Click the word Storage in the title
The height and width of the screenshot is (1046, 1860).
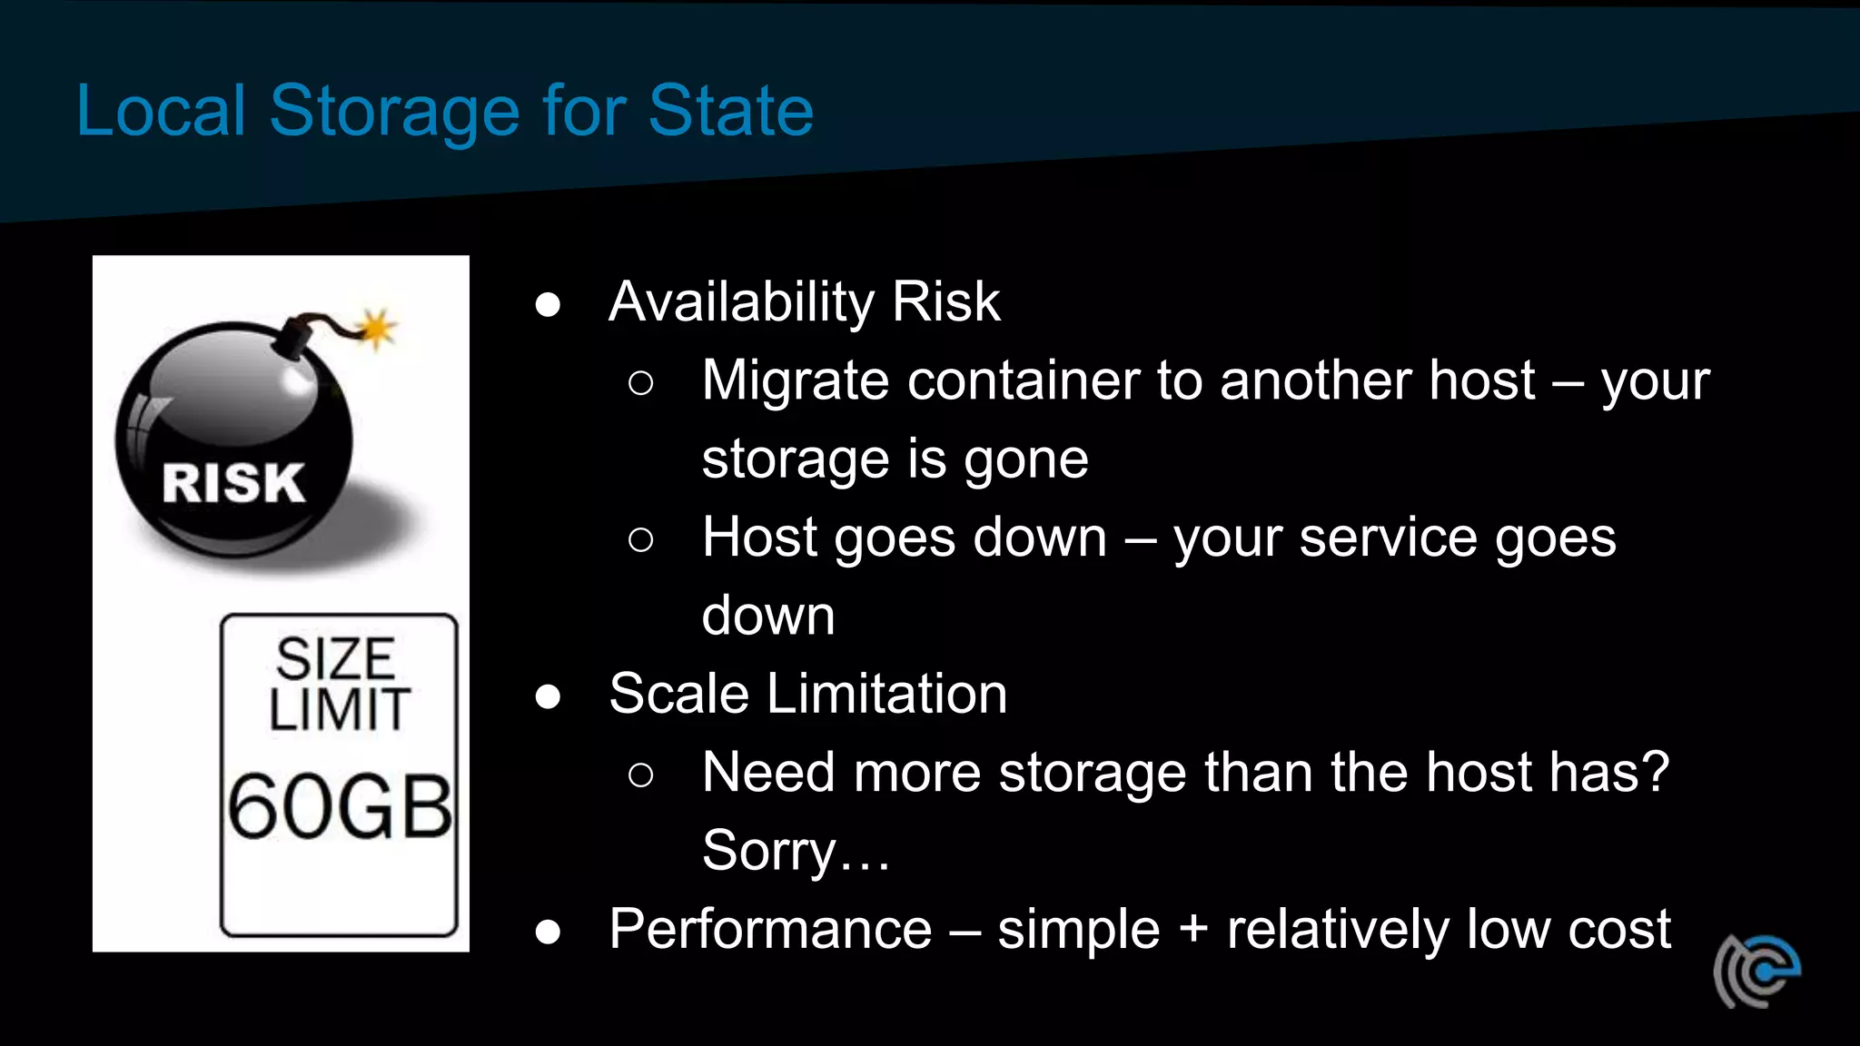coord(394,112)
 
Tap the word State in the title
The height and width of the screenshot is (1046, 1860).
coord(730,110)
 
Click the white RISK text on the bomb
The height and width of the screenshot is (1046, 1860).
coord(233,482)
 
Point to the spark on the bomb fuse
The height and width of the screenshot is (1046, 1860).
coord(376,327)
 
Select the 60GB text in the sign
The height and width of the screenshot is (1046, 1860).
coord(340,806)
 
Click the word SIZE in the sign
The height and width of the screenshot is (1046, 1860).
coord(336,658)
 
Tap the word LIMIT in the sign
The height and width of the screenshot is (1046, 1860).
coord(339,709)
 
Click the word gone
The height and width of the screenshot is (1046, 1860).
coord(1025,460)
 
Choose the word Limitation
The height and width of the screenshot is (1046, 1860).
coord(886,695)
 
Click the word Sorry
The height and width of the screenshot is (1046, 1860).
coord(768,852)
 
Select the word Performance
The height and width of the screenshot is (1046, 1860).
coord(770,930)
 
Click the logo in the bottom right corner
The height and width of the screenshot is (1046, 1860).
coord(1756,971)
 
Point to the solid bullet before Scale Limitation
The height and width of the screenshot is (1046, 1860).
coord(548,696)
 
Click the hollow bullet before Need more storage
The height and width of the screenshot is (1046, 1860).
coord(640,775)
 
